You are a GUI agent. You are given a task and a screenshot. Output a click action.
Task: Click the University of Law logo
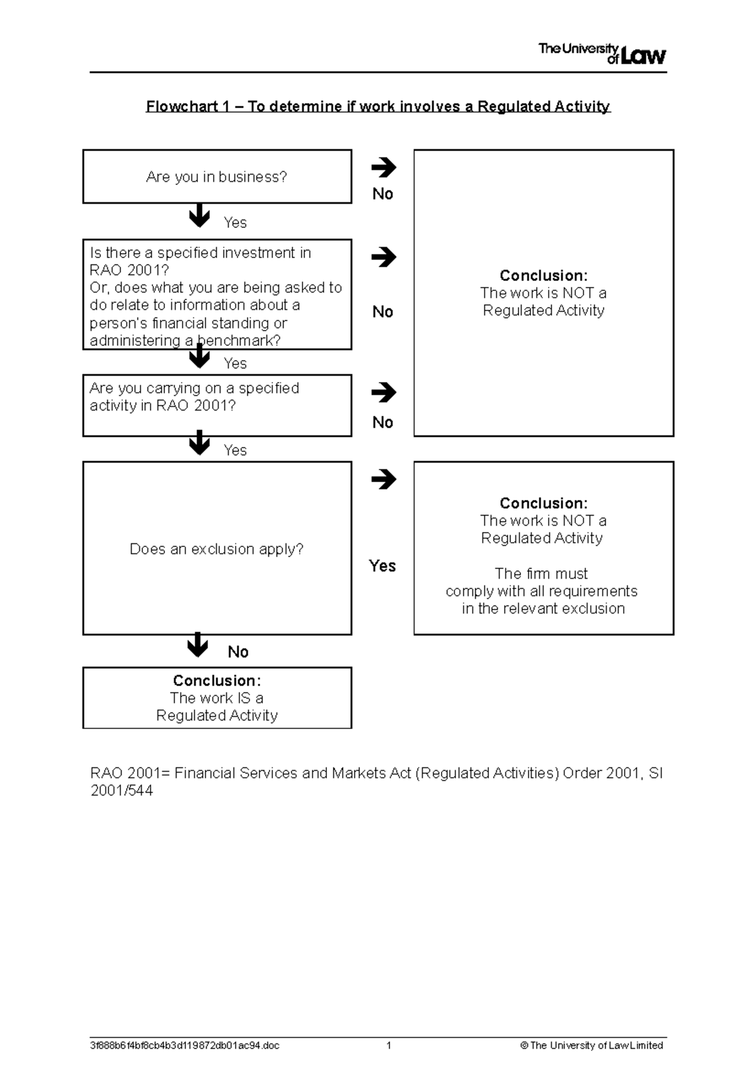coord(602,54)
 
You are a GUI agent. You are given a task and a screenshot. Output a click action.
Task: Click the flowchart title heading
coord(378,106)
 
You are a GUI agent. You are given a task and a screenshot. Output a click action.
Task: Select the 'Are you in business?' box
coord(217,177)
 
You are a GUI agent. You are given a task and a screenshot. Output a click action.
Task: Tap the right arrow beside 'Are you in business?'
coord(383,167)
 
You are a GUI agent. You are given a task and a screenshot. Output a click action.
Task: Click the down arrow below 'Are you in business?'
coord(200,215)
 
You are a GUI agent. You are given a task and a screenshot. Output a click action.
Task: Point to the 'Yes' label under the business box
coord(235,223)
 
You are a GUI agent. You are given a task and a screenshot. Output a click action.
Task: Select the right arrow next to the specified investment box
coord(383,257)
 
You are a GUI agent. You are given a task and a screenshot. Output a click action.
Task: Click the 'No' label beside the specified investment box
coord(382,312)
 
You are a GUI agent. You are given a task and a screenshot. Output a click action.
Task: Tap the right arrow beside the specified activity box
coord(383,393)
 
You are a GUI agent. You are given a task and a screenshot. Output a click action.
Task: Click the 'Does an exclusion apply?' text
coord(217,549)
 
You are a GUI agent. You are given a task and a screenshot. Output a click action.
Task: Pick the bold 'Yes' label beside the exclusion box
coord(382,566)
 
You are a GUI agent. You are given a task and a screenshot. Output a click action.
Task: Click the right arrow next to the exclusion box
coord(383,480)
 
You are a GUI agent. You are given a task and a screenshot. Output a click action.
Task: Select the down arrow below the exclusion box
coord(198,645)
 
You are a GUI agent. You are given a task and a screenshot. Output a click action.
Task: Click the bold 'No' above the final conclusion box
coord(238,652)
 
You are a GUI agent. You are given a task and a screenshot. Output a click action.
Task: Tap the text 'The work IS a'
coord(217,698)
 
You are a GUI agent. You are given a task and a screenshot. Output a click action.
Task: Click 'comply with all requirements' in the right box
coord(541,591)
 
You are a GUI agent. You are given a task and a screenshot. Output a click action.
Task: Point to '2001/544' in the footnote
coord(122,791)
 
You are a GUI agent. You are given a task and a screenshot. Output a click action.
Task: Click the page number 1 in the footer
coord(389,1045)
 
